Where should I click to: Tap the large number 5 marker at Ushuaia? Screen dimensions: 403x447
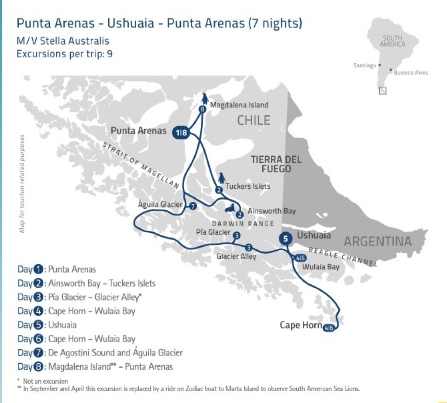tap(285, 238)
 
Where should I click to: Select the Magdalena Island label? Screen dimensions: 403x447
tap(239, 105)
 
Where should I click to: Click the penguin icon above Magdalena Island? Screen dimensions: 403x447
tap(205, 99)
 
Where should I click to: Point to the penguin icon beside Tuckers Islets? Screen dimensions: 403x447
tap(221, 178)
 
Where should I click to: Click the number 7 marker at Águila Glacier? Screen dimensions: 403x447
tap(193, 206)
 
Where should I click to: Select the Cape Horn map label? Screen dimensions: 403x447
tap(300, 325)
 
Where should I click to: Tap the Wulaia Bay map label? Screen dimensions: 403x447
tap(321, 267)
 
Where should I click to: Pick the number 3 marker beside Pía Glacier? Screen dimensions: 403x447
tap(236, 236)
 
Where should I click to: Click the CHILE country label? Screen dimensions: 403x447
tap(254, 121)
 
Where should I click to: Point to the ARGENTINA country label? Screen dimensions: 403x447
tap(378, 241)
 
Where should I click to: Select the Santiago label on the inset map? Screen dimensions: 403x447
tap(364, 65)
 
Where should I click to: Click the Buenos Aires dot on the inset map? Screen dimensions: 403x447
tap(390, 69)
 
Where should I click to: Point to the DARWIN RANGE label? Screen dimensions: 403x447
tap(243, 224)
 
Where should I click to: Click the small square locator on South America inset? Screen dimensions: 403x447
tap(382, 91)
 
